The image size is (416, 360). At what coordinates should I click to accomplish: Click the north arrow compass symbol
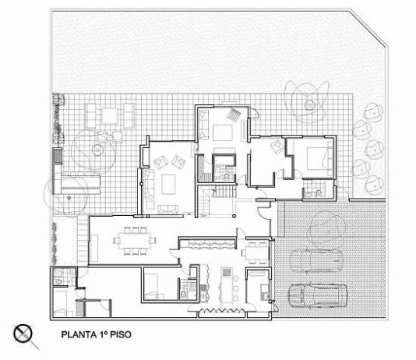pos(23,334)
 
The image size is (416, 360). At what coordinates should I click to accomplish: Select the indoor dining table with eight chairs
pos(135,240)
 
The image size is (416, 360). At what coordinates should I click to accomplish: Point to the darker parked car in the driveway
pos(318,295)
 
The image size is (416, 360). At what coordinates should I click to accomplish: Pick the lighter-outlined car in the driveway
pos(316,260)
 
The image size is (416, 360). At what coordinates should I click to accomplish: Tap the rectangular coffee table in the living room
pos(168,184)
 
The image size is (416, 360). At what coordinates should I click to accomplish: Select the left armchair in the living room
pos(160,162)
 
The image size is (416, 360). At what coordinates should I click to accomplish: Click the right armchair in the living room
pos(178,162)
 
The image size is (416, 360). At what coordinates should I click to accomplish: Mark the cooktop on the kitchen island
pos(227,272)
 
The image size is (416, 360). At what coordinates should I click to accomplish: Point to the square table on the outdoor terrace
pos(110,116)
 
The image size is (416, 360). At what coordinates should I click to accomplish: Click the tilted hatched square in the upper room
pos(234,115)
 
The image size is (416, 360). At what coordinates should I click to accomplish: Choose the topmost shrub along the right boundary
pos(373,111)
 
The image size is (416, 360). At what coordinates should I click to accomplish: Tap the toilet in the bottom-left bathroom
pos(58,281)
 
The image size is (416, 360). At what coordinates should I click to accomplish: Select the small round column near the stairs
pos(234,216)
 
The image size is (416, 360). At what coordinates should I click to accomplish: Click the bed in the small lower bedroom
pos(154,287)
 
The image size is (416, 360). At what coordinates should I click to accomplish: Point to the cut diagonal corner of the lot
pos(368,29)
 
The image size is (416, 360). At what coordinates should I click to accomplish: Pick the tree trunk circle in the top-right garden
pos(309,104)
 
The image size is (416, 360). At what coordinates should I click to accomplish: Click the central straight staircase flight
pos(224,191)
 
